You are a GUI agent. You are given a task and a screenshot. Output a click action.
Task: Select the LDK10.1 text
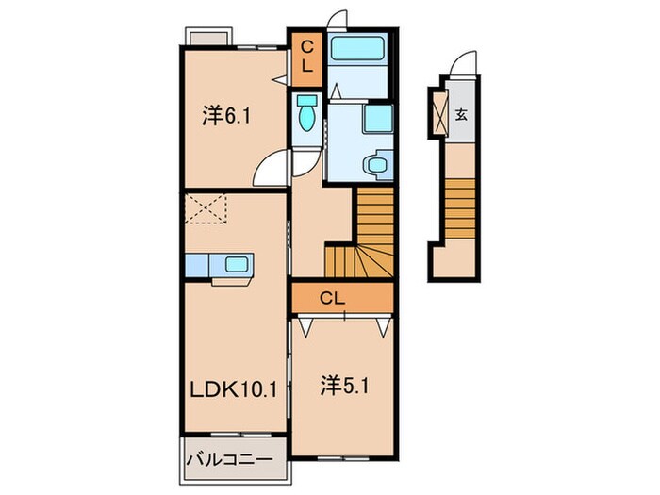pos(234,388)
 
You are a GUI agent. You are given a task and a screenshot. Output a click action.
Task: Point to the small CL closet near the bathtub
pos(307,58)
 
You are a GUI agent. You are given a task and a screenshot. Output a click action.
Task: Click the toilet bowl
pos(305,115)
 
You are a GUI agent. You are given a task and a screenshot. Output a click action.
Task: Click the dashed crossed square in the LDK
pos(207,208)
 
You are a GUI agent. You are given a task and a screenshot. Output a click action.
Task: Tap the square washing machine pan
pos(377,120)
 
